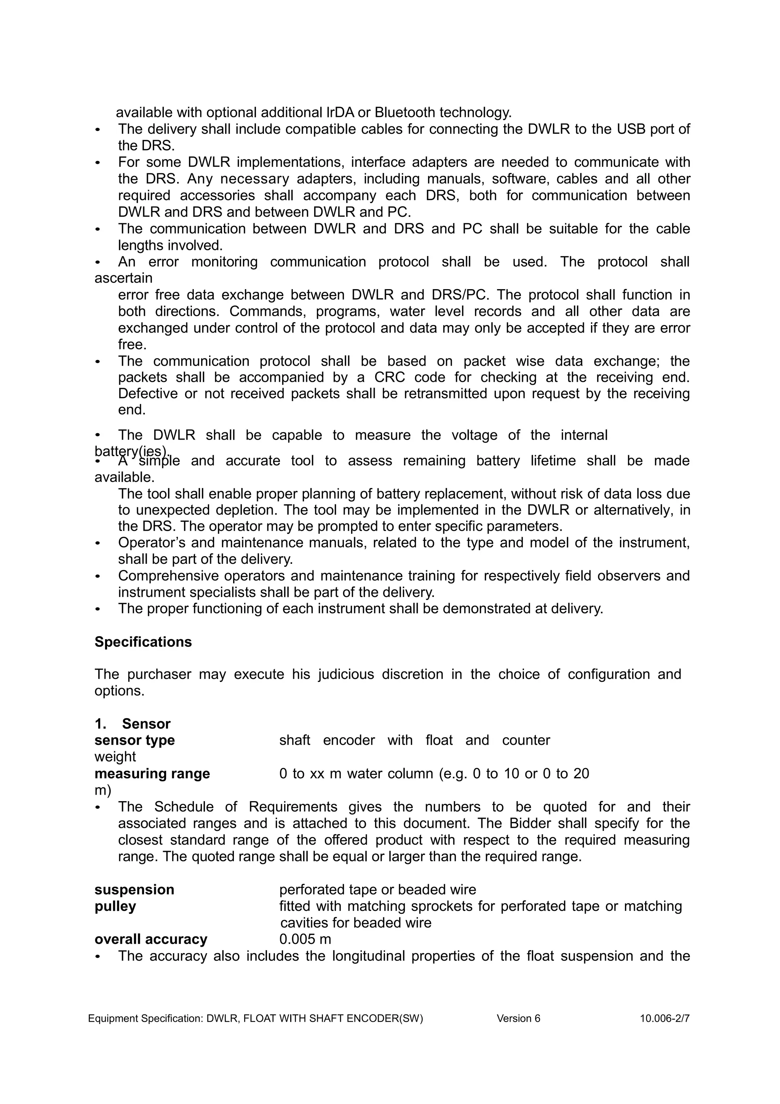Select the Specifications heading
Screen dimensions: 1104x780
click(143, 642)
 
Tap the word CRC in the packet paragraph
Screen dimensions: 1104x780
click(390, 378)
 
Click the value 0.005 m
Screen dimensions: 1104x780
click(305, 939)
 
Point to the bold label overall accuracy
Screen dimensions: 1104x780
click(151, 939)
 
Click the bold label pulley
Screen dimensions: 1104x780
click(115, 906)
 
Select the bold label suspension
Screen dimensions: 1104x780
click(134, 890)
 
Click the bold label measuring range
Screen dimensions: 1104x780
click(152, 774)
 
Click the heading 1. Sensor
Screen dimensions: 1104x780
click(133, 724)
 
